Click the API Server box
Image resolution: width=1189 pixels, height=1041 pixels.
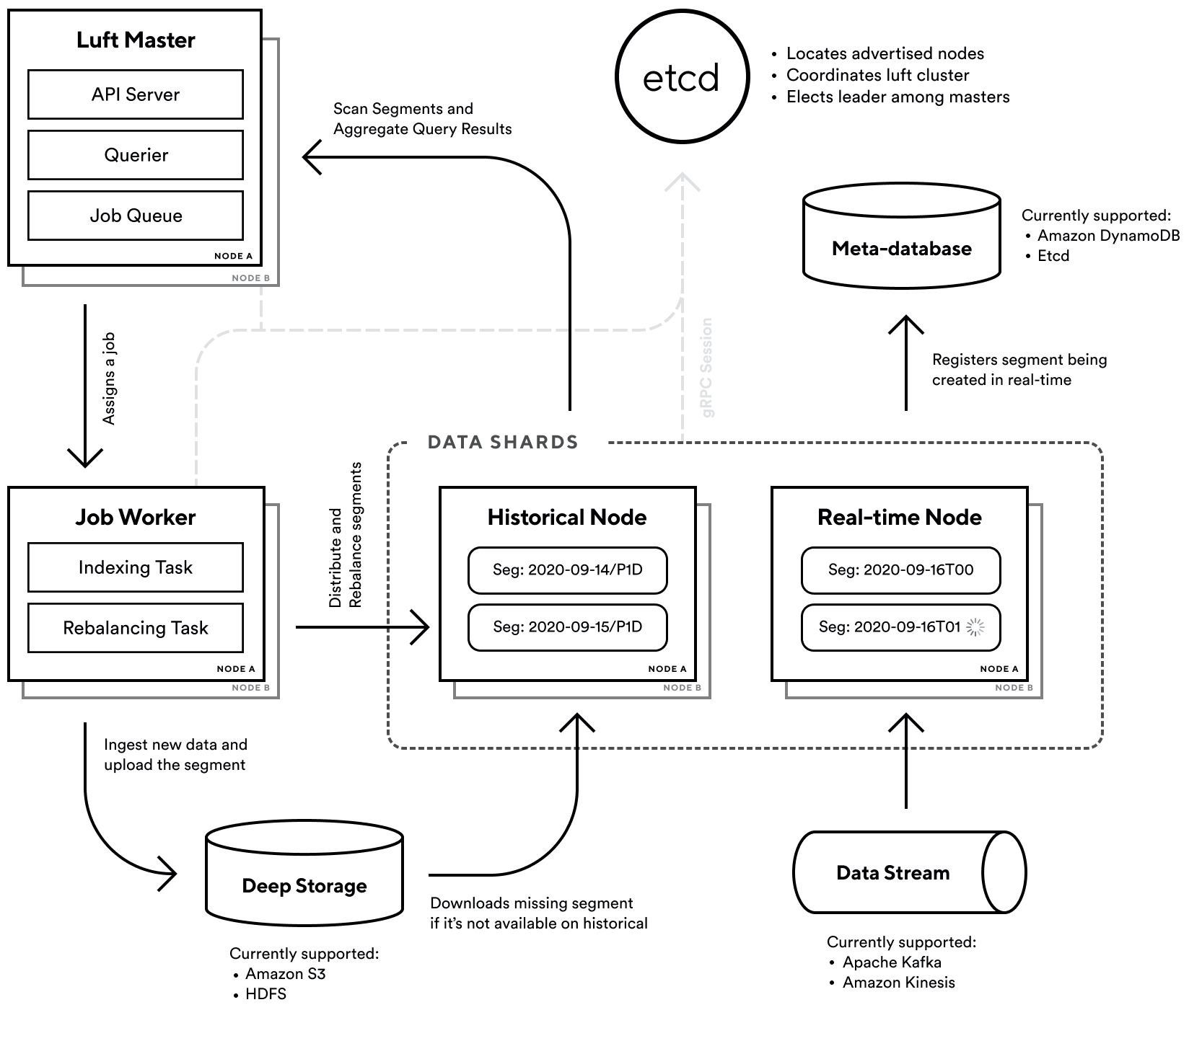[136, 94]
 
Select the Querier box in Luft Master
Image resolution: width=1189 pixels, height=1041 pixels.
[136, 155]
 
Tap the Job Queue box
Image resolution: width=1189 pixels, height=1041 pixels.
[136, 216]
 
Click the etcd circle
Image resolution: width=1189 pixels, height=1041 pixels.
[682, 77]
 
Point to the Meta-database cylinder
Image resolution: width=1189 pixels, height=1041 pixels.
[901, 238]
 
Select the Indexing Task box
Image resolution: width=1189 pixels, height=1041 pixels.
[136, 567]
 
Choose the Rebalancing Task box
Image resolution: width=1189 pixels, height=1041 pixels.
[136, 628]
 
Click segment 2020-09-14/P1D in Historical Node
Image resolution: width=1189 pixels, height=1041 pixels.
[567, 570]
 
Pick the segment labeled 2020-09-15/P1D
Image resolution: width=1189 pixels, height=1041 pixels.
[567, 626]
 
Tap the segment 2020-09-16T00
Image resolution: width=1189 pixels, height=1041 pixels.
[900, 570]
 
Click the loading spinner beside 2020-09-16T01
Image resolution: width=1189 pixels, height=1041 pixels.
[975, 627]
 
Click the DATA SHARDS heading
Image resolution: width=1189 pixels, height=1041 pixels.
[503, 442]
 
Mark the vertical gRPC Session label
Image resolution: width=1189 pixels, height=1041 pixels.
[707, 368]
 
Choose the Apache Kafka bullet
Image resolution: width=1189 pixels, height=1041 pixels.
[891, 962]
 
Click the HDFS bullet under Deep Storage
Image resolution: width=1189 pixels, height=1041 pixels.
[265, 993]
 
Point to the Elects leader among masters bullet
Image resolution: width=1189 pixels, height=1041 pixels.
[897, 97]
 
